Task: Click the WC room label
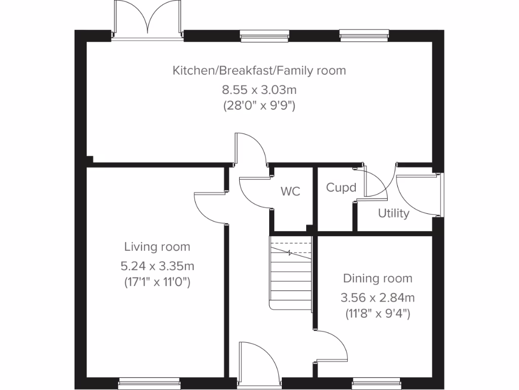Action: pyautogui.click(x=290, y=191)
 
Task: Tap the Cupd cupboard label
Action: pyautogui.click(x=341, y=188)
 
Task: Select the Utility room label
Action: pyautogui.click(x=393, y=213)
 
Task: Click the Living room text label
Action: pyautogui.click(x=157, y=247)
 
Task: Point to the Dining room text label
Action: pyautogui.click(x=378, y=278)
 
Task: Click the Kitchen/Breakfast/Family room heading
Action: pyautogui.click(x=259, y=70)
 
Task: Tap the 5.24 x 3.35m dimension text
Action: pyautogui.click(x=157, y=265)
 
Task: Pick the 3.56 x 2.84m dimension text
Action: pyautogui.click(x=378, y=297)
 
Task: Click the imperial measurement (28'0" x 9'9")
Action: pyautogui.click(x=259, y=106)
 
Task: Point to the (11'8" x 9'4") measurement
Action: pyautogui.click(x=378, y=313)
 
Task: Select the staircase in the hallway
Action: pyautogui.click(x=290, y=274)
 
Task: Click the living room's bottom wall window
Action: pyautogui.click(x=150, y=383)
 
